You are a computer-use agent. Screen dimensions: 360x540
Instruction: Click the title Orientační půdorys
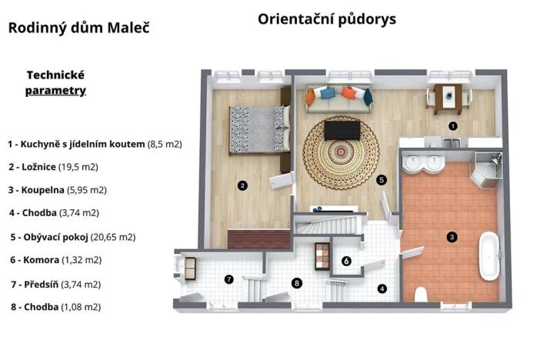327,19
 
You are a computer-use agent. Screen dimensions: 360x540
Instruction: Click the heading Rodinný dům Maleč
78,28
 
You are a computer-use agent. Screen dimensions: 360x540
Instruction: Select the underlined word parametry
55,91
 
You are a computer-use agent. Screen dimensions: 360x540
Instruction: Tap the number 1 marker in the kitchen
453,125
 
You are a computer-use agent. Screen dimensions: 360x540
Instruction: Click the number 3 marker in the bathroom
452,237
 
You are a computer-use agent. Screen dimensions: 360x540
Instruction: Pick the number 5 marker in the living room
382,179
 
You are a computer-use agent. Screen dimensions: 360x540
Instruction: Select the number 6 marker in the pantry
347,262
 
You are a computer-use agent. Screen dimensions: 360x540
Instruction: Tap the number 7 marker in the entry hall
228,278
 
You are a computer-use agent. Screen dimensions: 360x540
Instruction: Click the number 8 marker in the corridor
297,283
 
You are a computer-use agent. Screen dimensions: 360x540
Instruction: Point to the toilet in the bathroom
421,295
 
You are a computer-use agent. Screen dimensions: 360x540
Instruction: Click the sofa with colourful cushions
338,97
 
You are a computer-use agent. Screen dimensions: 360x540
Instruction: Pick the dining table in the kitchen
448,96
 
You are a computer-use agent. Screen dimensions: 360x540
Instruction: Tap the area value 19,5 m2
82,166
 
